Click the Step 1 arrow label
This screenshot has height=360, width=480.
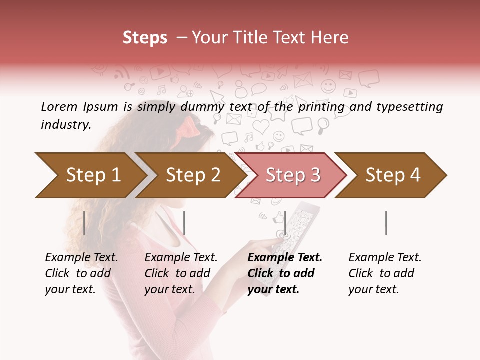(93, 175)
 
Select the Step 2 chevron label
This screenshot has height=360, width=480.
(193, 175)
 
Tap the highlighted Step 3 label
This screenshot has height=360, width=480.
(293, 175)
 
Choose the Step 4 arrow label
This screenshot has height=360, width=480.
(393, 175)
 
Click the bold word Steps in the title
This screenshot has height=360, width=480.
(145, 37)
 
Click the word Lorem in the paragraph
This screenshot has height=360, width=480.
(59, 106)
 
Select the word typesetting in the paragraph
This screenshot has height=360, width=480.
(409, 106)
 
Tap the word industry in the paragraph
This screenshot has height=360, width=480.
(66, 124)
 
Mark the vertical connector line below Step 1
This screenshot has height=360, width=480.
(84, 223)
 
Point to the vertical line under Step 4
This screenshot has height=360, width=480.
(386, 223)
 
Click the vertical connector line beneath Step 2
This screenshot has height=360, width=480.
(184, 223)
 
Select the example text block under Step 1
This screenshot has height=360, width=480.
(81, 273)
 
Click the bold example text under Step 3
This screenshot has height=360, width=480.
(285, 273)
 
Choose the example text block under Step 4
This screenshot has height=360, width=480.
(385, 273)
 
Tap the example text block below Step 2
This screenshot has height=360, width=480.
(181, 273)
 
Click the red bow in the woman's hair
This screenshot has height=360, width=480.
(191, 127)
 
